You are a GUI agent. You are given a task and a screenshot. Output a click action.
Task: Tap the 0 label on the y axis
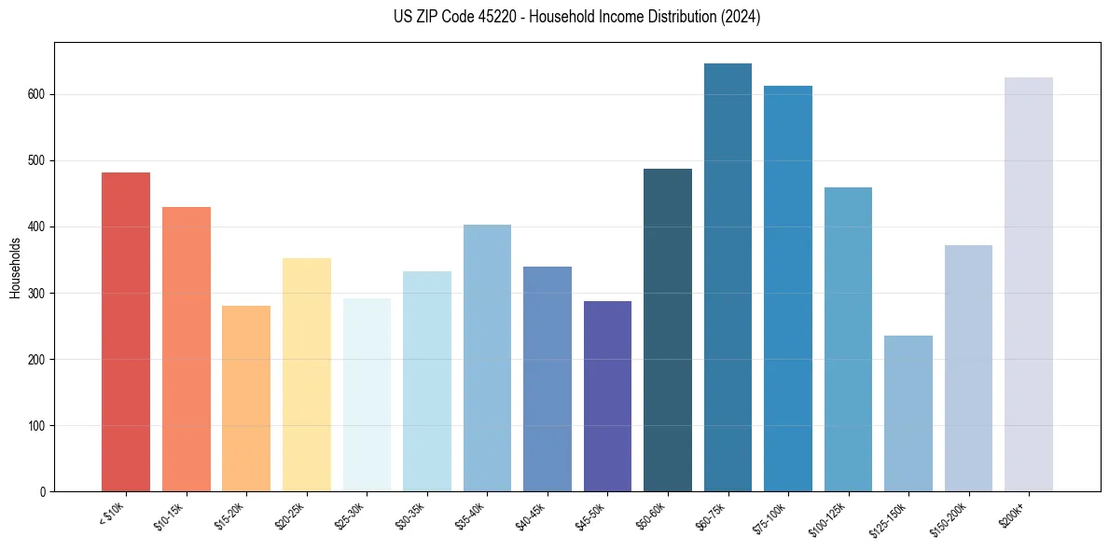pyautogui.click(x=43, y=492)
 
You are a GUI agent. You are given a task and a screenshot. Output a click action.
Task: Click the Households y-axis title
pyautogui.click(x=15, y=268)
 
